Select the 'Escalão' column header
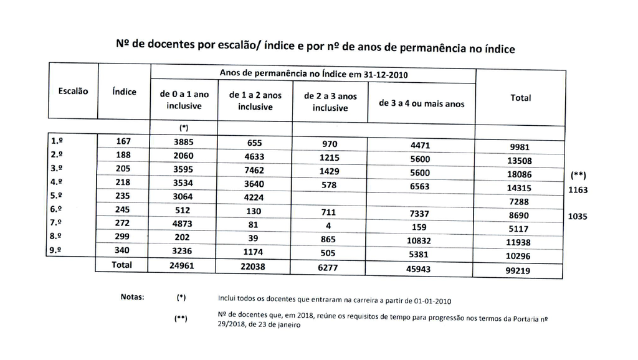73,91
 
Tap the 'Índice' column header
124,92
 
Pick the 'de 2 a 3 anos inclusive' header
330,102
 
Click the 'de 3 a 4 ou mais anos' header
422,104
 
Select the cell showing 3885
184,143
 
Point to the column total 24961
184,265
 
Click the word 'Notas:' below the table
132,296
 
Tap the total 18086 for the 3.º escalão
521,174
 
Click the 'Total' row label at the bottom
121,265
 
